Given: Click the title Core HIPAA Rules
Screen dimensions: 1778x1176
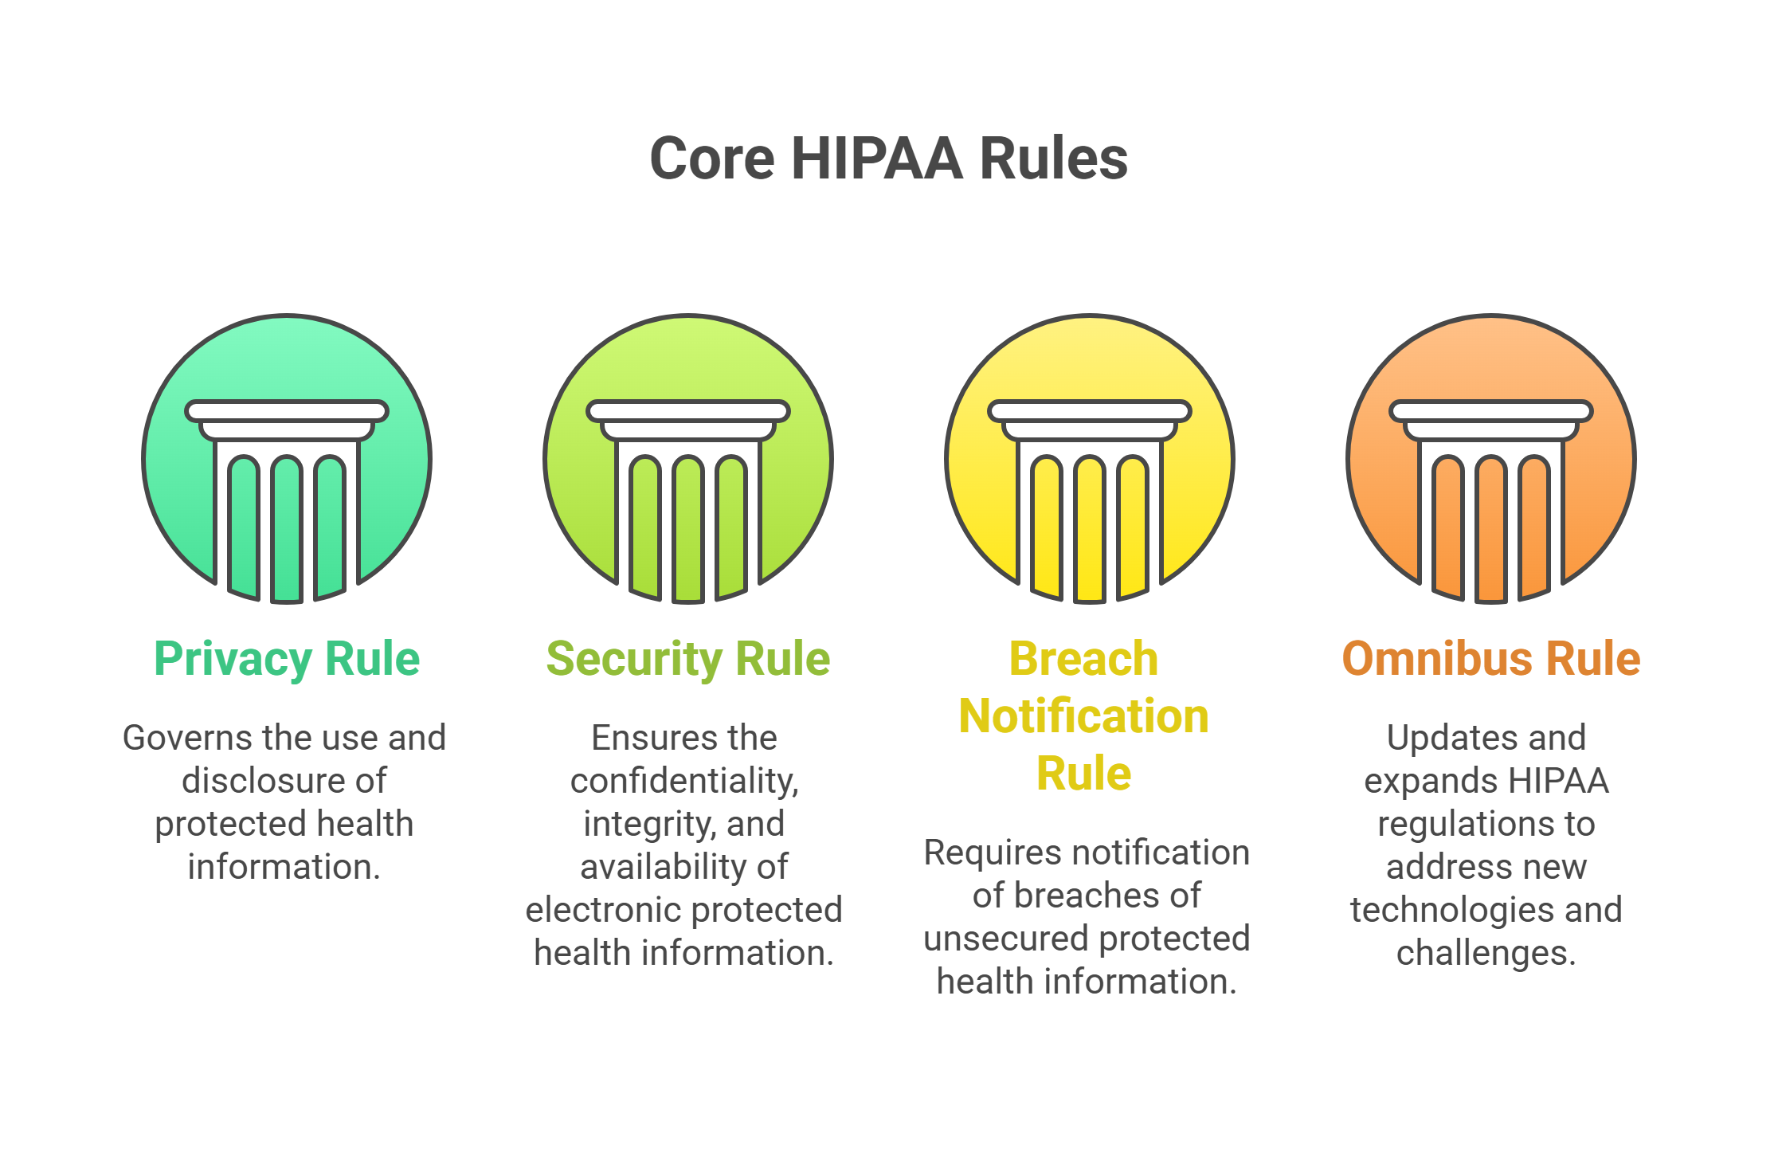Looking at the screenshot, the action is coord(889,158).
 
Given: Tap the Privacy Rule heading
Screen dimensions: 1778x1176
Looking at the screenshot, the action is coord(287,659).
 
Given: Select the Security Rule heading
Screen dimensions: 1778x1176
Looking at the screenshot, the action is coord(688,659).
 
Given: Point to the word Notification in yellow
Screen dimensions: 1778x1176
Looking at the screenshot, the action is coord(1083,715).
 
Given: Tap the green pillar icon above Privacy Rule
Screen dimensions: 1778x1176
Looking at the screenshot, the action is coord(287,459).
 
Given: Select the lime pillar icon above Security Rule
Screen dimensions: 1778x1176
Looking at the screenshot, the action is coord(688,459).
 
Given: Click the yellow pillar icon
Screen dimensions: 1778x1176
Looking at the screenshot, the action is coord(1090,459).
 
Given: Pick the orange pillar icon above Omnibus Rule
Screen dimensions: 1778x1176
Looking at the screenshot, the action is coord(1491,459).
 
